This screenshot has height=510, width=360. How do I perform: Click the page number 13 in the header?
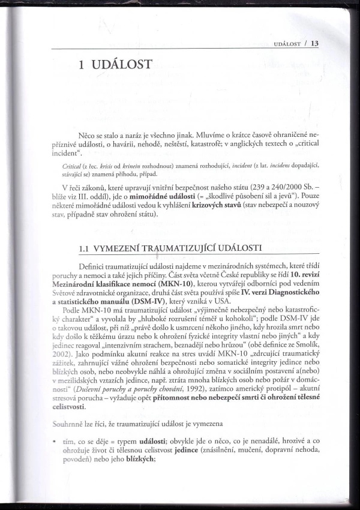pos(314,43)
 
